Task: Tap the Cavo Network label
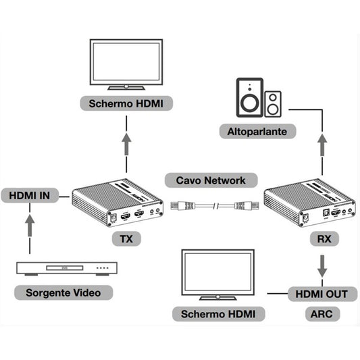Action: tap(211, 180)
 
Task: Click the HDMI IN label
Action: tap(28, 197)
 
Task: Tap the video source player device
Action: tap(66, 268)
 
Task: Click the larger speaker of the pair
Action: tap(249, 97)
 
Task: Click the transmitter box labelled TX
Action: tap(118, 204)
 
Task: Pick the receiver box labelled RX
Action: tap(309, 203)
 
